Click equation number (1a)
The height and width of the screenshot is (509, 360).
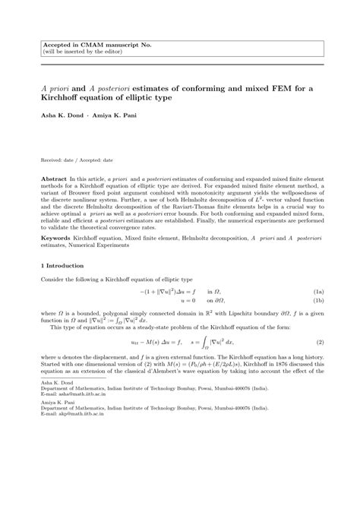320,291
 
